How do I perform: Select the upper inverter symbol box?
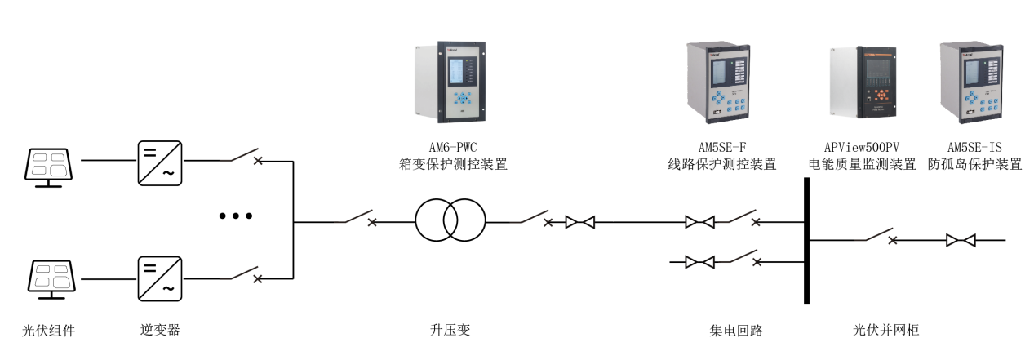(x=159, y=162)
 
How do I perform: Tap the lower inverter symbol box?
(x=159, y=278)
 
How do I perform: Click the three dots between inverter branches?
(x=236, y=217)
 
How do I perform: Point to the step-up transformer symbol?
(x=450, y=220)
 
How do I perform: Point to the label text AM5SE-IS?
(x=974, y=147)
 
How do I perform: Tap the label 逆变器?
(x=160, y=331)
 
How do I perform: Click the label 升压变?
(x=450, y=331)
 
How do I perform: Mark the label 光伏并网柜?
(x=887, y=331)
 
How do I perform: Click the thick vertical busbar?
(x=806, y=241)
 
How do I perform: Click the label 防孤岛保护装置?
(x=974, y=164)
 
